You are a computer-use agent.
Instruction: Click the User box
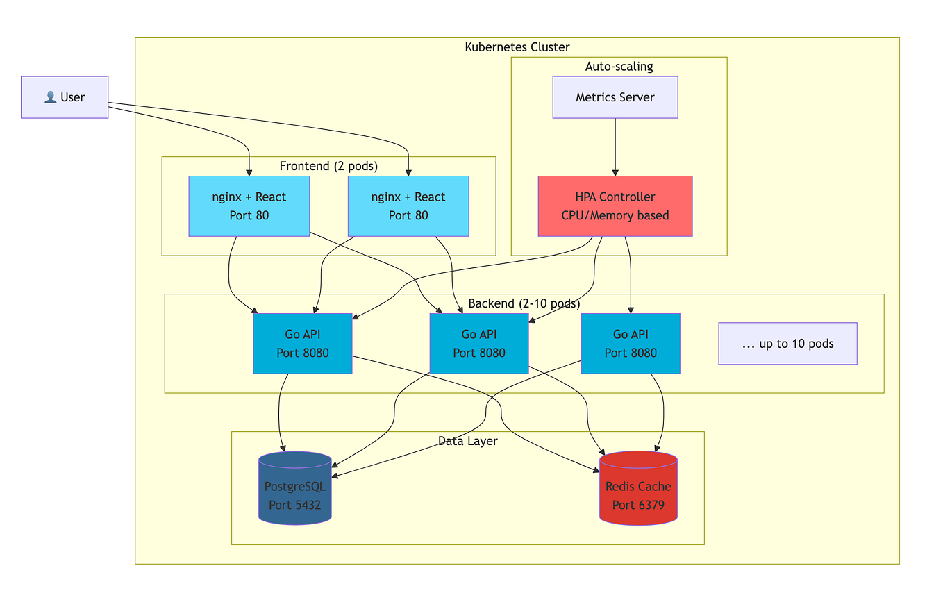[x=65, y=97]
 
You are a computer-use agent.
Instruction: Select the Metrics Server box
[x=615, y=97]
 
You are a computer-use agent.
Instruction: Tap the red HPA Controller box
[x=615, y=206]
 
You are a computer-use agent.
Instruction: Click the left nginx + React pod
[x=249, y=206]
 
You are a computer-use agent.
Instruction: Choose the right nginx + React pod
[x=408, y=206]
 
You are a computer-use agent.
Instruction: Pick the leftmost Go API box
[x=302, y=344]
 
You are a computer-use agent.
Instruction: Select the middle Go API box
[x=478, y=344]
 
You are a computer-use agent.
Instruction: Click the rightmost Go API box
[x=630, y=344]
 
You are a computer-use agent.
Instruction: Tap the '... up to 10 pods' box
[x=787, y=344]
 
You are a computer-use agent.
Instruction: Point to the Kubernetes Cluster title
[x=517, y=47]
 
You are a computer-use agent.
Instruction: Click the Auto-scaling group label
[x=619, y=67]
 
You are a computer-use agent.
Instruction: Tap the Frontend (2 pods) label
[x=328, y=166]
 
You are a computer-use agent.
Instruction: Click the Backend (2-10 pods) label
[x=524, y=303]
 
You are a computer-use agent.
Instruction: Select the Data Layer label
[x=467, y=441]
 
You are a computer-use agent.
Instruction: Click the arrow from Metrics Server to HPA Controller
[x=615, y=147]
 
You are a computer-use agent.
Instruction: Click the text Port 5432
[x=294, y=505]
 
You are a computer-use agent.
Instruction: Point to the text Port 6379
[x=638, y=505]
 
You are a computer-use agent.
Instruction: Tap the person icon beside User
[x=50, y=97]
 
